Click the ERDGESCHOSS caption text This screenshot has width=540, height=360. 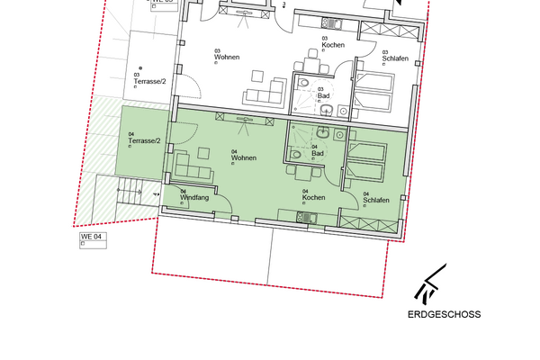coord(445,315)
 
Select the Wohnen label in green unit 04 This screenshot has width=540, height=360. coord(243,158)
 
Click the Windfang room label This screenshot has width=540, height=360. coord(194,196)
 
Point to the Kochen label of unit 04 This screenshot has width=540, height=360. coord(313,197)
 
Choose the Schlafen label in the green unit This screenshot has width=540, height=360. coord(376,199)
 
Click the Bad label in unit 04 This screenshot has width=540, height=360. coord(317,154)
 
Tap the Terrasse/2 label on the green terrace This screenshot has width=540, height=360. coord(144,141)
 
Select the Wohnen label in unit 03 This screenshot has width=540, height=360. coord(227,58)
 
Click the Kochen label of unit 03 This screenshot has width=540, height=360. coord(333,44)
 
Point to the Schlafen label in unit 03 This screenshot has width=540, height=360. coord(395,58)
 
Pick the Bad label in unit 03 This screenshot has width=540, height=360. coord(322,94)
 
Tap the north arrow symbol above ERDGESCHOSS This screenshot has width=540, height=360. coord(429,283)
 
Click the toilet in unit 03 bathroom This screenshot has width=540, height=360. coord(329,111)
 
